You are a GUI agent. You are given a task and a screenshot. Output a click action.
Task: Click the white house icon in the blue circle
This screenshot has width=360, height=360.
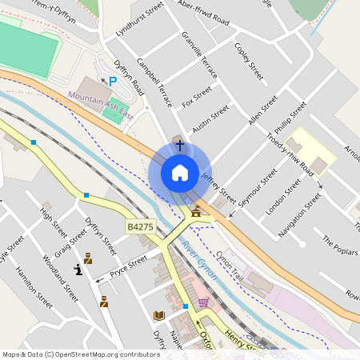pos(179,172)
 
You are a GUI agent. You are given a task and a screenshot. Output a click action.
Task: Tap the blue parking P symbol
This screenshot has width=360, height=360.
pos(113,80)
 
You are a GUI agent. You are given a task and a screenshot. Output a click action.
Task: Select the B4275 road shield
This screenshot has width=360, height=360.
pos(139,227)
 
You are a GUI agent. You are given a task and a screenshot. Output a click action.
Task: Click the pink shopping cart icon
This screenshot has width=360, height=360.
pos(203,302)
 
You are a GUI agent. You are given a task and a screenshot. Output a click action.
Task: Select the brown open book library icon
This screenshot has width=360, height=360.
pos(158,315)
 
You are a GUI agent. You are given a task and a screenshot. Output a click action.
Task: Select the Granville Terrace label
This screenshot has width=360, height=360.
pos(199,62)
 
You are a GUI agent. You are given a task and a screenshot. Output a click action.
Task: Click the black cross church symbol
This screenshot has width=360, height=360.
pos(179,146)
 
